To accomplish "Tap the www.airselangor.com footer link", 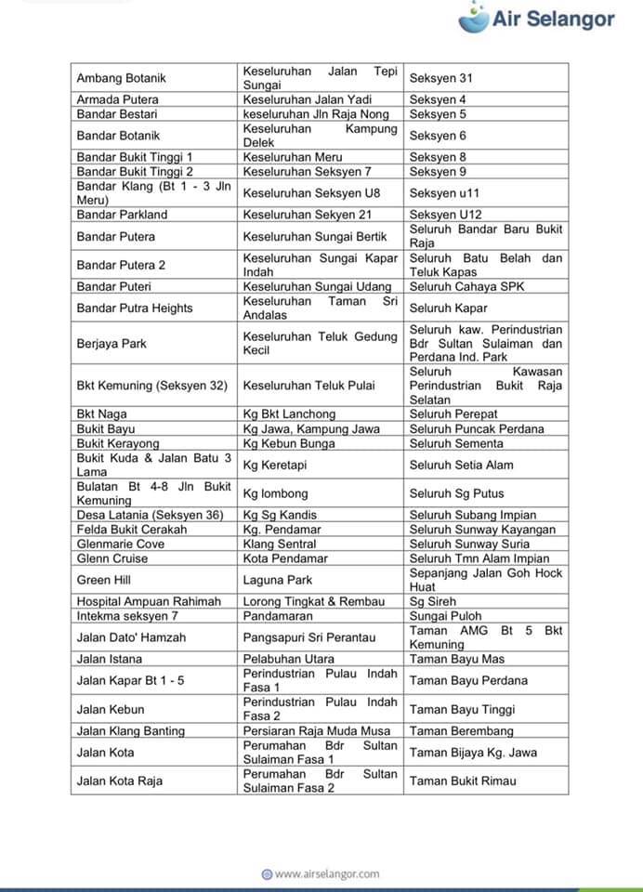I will [x=321, y=873].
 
